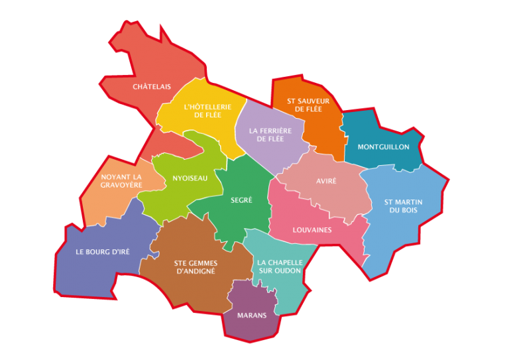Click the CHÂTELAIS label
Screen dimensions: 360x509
click(152, 87)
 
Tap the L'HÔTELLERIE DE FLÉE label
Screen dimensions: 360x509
click(207, 111)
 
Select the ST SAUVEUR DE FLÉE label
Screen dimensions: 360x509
click(305, 105)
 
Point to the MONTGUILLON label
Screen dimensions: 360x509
click(383, 147)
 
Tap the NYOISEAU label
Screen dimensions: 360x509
click(190, 178)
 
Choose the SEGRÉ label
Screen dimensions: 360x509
click(241, 200)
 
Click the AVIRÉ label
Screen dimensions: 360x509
click(326, 181)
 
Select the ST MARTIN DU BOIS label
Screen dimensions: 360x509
click(402, 206)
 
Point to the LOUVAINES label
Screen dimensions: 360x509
click(312, 230)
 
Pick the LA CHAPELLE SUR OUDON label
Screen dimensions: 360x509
click(279, 266)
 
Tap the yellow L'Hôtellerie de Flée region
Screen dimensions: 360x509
click(199, 93)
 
